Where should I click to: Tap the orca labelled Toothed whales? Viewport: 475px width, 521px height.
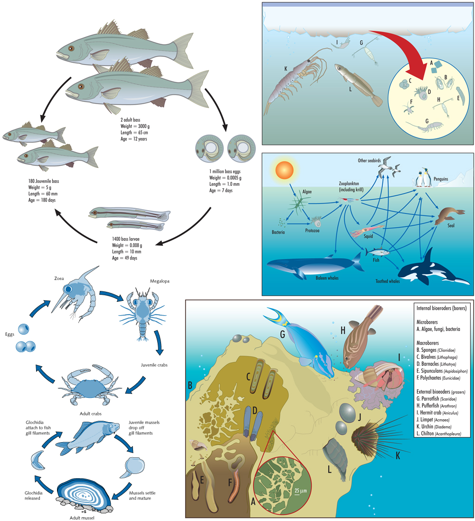(431, 269)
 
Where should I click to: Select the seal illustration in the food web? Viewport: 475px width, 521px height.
(449, 215)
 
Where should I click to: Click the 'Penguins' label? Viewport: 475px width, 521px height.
(441, 179)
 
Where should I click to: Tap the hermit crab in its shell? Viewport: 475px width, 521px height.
(382, 376)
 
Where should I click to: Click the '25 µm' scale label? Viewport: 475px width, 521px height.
(301, 491)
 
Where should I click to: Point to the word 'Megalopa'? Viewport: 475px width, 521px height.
(160, 281)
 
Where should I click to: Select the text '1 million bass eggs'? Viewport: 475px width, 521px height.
(225, 172)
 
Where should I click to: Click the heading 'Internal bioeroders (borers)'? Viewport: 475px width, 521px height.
(441, 309)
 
